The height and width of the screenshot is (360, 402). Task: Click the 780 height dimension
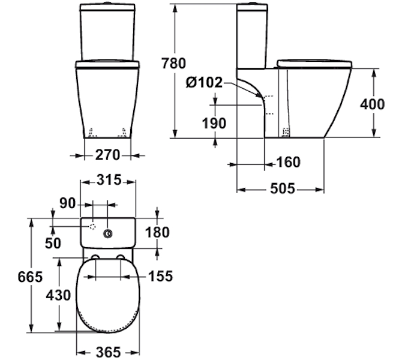click(173, 64)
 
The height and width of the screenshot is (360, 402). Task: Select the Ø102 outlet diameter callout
click(205, 83)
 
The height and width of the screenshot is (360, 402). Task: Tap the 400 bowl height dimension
click(372, 104)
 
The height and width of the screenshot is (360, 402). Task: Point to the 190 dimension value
click(214, 123)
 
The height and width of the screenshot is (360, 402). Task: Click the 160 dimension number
click(288, 163)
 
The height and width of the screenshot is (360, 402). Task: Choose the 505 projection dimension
click(283, 189)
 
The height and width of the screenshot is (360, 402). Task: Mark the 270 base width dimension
click(107, 155)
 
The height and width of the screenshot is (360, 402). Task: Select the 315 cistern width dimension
click(109, 180)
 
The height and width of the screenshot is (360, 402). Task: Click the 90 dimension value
click(68, 203)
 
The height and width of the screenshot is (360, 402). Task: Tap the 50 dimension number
click(53, 243)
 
